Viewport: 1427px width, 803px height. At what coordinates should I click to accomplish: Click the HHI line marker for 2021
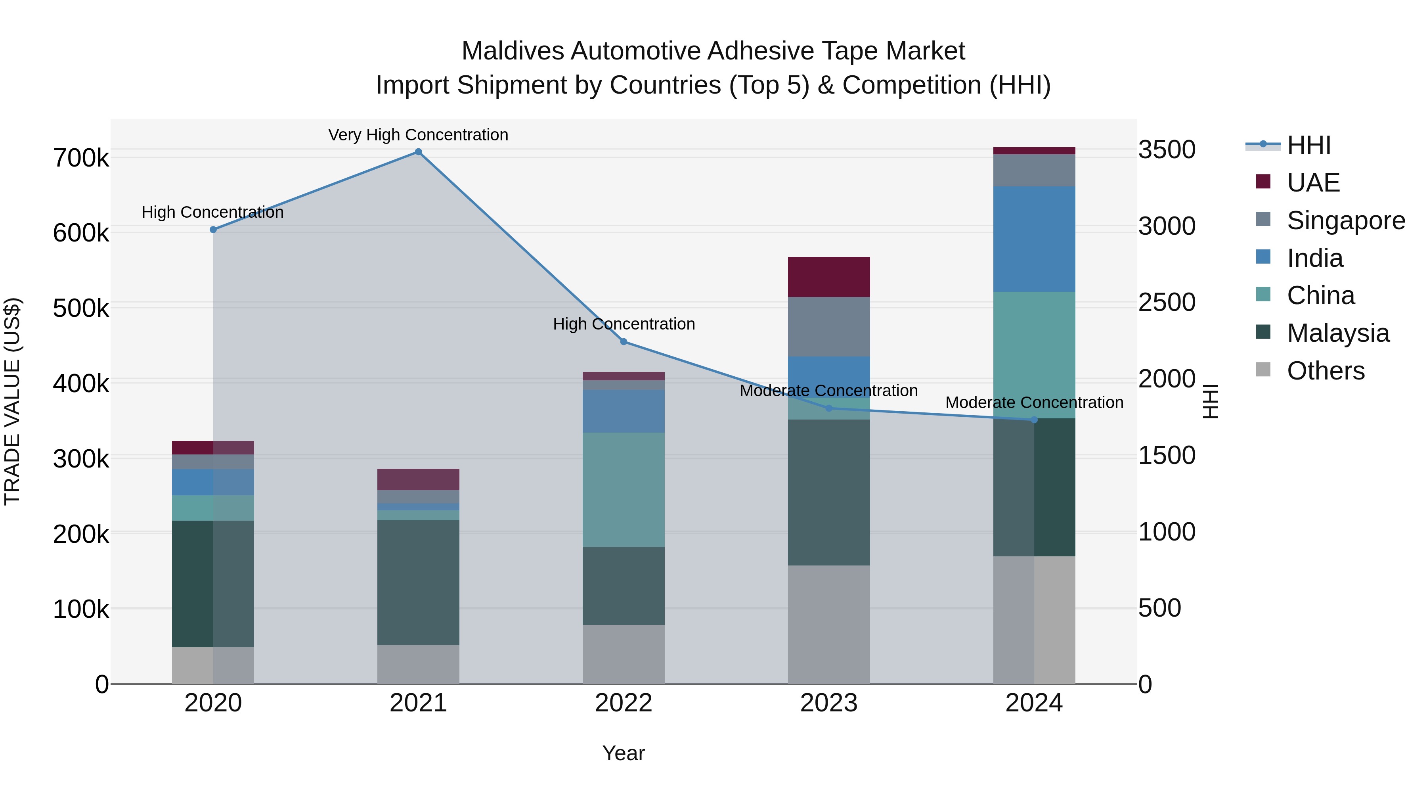pyautogui.click(x=418, y=152)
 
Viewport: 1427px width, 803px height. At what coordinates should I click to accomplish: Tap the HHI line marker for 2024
pyautogui.click(x=1034, y=420)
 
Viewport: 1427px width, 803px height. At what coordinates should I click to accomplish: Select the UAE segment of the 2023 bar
pyautogui.click(x=829, y=277)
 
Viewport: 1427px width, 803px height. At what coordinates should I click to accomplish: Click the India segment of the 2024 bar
pyautogui.click(x=1034, y=239)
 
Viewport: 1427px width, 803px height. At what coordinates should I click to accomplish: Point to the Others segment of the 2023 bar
pyautogui.click(x=829, y=625)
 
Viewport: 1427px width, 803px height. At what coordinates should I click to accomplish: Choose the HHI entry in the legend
pyautogui.click(x=1308, y=145)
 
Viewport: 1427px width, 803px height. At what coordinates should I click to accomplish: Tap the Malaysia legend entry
pyautogui.click(x=1338, y=333)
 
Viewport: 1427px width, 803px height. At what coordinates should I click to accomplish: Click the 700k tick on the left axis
pyautogui.click(x=81, y=159)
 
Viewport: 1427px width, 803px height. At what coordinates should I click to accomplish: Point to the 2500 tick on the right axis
pyautogui.click(x=1167, y=303)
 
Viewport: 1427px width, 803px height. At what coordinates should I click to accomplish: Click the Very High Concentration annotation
pyautogui.click(x=418, y=135)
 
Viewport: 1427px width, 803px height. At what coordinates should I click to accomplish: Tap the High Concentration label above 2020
pyautogui.click(x=213, y=212)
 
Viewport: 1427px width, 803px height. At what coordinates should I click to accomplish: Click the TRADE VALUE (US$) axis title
pyautogui.click(x=12, y=401)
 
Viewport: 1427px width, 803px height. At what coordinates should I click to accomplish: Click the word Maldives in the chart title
pyautogui.click(x=513, y=51)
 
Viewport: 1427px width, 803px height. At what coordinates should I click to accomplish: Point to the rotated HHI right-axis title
pyautogui.click(x=1211, y=401)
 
